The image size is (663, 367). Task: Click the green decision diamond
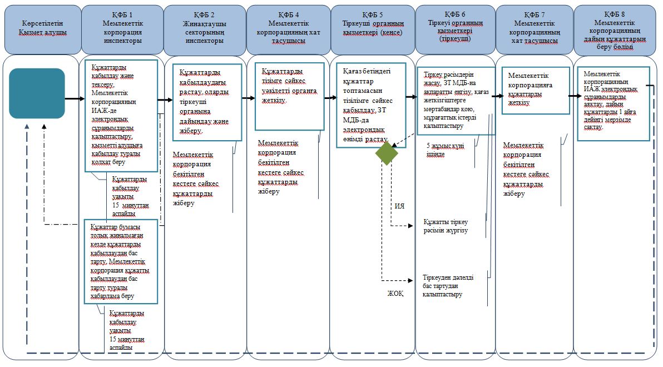(387, 153)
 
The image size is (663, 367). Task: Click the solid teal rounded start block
(37, 93)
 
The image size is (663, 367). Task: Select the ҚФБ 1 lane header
(122, 30)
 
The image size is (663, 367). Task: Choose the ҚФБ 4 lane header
(288, 30)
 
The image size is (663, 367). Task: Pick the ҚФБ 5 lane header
(373, 30)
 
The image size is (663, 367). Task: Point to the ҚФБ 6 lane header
(455, 30)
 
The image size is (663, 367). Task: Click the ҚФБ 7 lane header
(535, 30)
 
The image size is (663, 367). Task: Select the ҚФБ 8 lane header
(615, 30)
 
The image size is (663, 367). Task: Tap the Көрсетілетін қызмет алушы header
(43, 29)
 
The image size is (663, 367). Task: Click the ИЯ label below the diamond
(399, 206)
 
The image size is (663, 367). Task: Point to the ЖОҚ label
(395, 294)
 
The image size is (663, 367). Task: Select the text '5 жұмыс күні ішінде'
(445, 150)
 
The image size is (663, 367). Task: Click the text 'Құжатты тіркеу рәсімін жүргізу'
(446, 226)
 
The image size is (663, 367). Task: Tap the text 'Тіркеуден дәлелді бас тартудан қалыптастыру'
(448, 286)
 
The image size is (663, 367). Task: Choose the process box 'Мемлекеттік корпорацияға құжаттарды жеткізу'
(536, 91)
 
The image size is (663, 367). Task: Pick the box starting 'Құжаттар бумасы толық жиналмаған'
(121, 261)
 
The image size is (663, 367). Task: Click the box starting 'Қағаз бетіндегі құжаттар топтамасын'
(371, 105)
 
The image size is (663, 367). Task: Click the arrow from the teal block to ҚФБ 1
(75, 99)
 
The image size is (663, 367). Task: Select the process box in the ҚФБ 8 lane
(614, 103)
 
